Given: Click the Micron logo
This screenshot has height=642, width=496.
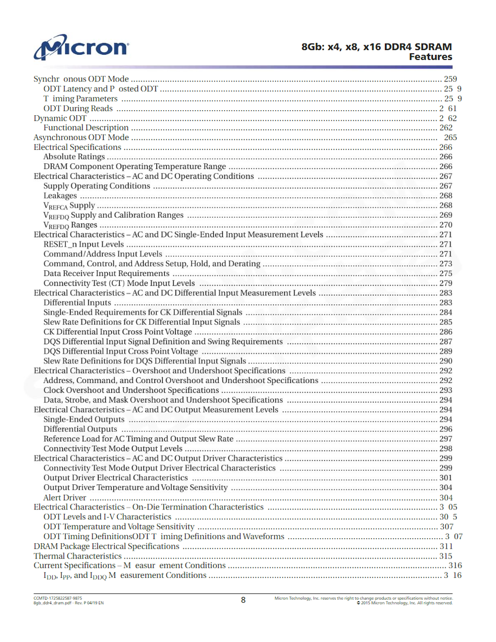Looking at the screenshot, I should (x=81, y=47).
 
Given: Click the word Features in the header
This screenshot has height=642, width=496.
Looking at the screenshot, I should (x=430, y=57).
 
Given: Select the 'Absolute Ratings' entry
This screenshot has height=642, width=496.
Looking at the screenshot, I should (x=74, y=157).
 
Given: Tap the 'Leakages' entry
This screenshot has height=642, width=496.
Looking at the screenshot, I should (x=60, y=196).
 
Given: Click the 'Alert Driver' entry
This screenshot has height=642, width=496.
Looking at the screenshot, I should (x=65, y=497).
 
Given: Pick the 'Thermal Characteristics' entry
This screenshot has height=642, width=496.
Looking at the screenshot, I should (x=78, y=556).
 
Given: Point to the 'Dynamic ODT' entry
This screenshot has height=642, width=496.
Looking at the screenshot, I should (x=60, y=118).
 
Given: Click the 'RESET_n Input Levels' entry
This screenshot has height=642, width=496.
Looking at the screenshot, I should (x=84, y=244).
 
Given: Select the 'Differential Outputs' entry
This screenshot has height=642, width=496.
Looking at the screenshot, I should (x=80, y=429).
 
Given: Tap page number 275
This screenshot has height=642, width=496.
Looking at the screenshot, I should (x=445, y=274).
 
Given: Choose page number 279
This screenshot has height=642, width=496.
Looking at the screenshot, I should (x=445, y=283).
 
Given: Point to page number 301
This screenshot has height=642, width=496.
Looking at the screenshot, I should (x=445, y=478).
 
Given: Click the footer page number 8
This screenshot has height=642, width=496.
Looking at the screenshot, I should (x=243, y=600).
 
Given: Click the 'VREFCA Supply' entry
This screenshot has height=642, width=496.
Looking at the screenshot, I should (x=69, y=206).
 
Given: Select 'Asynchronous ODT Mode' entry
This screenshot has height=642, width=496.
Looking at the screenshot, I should (x=81, y=137).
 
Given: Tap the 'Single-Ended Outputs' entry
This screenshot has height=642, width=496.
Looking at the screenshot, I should (x=84, y=419).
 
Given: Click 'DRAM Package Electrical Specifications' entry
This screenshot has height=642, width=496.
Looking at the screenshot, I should (x=107, y=546).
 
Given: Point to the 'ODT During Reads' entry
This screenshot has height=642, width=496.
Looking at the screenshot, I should (x=78, y=109).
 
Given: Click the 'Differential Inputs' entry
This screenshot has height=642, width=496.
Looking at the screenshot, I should (x=77, y=303).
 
